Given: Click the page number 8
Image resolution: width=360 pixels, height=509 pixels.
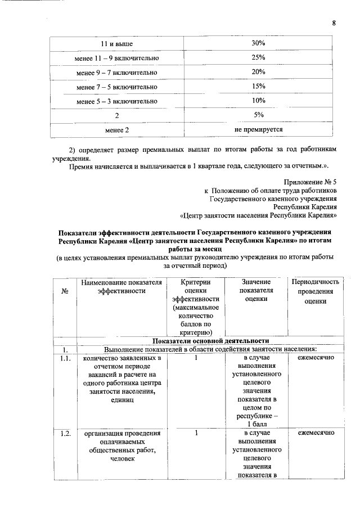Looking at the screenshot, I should (334, 23).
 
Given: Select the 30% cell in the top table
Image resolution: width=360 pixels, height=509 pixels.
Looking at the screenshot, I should (258, 43).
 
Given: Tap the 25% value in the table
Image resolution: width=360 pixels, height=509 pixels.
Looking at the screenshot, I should (258, 57).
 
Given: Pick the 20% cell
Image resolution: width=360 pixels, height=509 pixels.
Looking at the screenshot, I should (258, 72).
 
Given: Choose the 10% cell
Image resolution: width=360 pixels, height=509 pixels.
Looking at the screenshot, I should (258, 101).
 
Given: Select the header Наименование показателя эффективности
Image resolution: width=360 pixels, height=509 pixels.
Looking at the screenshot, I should (121, 286).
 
